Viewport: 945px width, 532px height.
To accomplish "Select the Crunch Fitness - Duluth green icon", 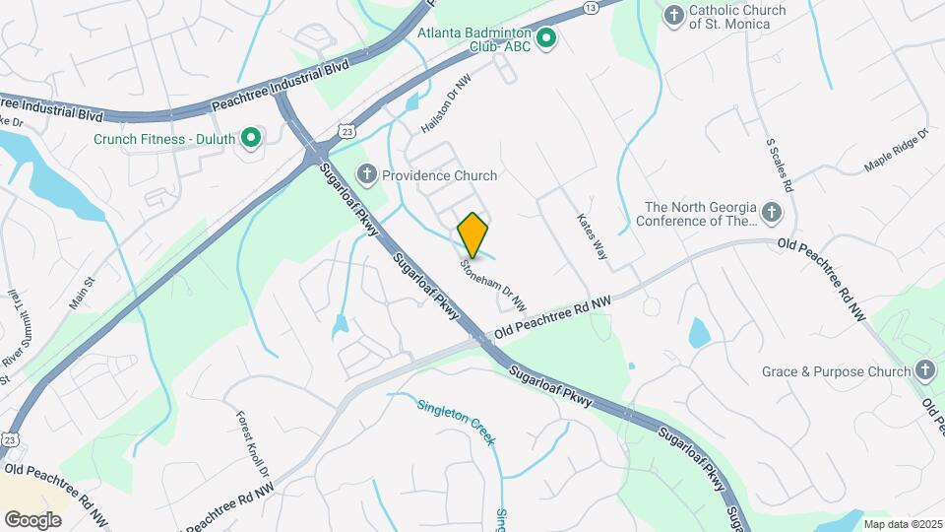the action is (x=251, y=138).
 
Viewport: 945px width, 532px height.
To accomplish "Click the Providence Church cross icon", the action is (x=366, y=175).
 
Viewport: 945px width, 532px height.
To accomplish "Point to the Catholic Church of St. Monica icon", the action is (x=673, y=15).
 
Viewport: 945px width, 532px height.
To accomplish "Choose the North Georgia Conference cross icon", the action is (x=772, y=212).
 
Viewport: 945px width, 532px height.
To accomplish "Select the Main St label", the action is (x=81, y=295).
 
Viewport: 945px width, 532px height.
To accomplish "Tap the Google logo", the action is (x=32, y=519).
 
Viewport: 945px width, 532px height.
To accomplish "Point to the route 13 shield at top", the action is (x=590, y=8).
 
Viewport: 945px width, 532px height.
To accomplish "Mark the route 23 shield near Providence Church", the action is (x=345, y=130).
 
